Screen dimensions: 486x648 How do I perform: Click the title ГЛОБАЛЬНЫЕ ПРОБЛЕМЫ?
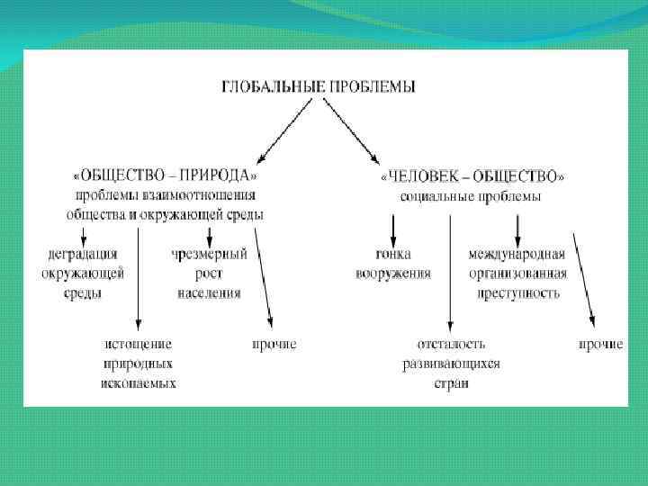(x=319, y=86)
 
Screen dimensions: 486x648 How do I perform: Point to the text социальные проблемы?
(x=471, y=195)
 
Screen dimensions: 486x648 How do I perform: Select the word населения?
(x=209, y=292)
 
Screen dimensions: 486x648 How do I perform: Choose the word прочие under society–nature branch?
(x=274, y=344)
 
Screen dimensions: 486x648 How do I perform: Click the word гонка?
(x=393, y=254)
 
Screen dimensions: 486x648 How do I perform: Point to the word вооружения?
(x=393, y=273)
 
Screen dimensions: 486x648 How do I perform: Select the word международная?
(x=516, y=254)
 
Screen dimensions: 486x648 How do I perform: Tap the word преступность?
(x=516, y=292)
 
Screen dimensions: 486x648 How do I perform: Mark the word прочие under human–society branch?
(x=600, y=344)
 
